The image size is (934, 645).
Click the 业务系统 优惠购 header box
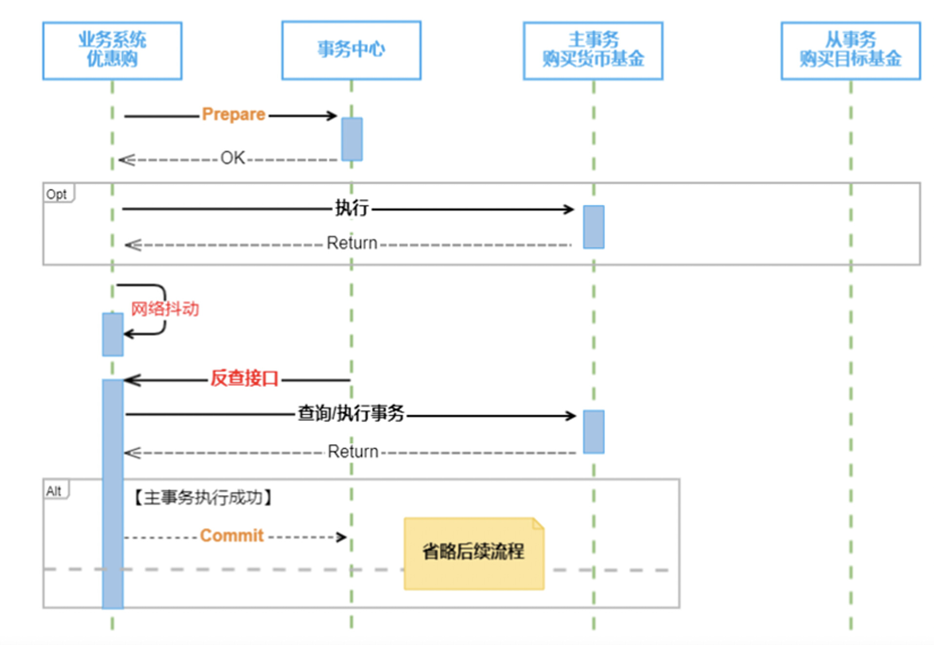(x=112, y=50)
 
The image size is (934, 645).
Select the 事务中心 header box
(x=351, y=50)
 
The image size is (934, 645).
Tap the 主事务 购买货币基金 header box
(x=593, y=50)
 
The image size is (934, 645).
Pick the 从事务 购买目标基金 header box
(x=850, y=50)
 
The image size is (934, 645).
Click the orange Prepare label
(x=234, y=115)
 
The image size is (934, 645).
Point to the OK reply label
(x=233, y=158)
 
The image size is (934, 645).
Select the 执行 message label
(x=351, y=208)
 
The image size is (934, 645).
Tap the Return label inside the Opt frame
(x=352, y=243)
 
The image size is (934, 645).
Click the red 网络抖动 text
(x=165, y=309)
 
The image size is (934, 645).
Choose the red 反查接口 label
(x=244, y=379)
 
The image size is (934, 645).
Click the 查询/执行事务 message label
(x=351, y=414)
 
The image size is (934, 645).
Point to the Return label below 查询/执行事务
(x=353, y=452)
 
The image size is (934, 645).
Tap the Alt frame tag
(x=55, y=491)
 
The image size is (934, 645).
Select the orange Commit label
(x=232, y=536)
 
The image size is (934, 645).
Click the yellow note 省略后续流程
(x=473, y=553)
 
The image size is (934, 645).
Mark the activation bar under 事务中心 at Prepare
(x=351, y=139)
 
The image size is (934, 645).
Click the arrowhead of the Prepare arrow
(x=333, y=116)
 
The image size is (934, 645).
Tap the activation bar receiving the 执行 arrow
(x=593, y=227)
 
